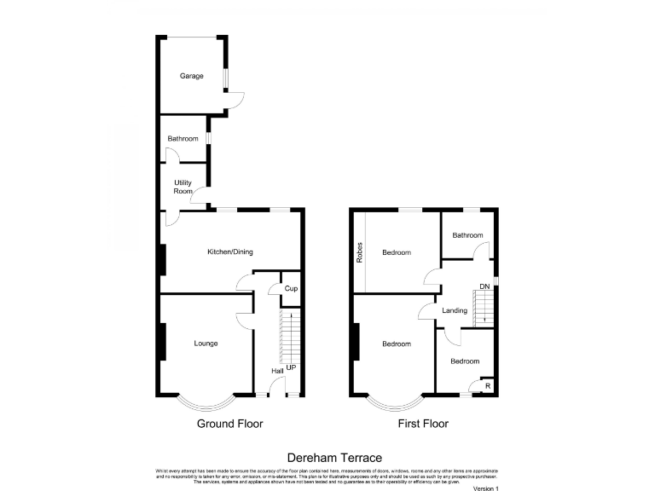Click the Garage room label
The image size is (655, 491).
point(191,77)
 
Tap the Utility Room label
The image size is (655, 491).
point(183,188)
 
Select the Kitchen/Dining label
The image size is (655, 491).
point(230,251)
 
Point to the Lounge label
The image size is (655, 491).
point(206,344)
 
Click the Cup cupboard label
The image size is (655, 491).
point(291,288)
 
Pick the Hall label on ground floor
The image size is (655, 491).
point(277,372)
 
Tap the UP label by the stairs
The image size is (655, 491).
point(291,367)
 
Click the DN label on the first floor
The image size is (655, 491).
point(484,286)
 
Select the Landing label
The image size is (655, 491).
point(455,310)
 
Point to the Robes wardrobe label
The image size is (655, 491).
point(361,252)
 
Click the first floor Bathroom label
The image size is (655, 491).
point(467,236)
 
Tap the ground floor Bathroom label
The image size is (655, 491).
point(183,139)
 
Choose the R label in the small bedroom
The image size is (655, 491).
point(487,386)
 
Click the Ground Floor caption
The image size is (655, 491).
point(230,424)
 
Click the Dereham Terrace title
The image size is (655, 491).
point(327,458)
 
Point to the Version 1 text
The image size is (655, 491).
point(484,488)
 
